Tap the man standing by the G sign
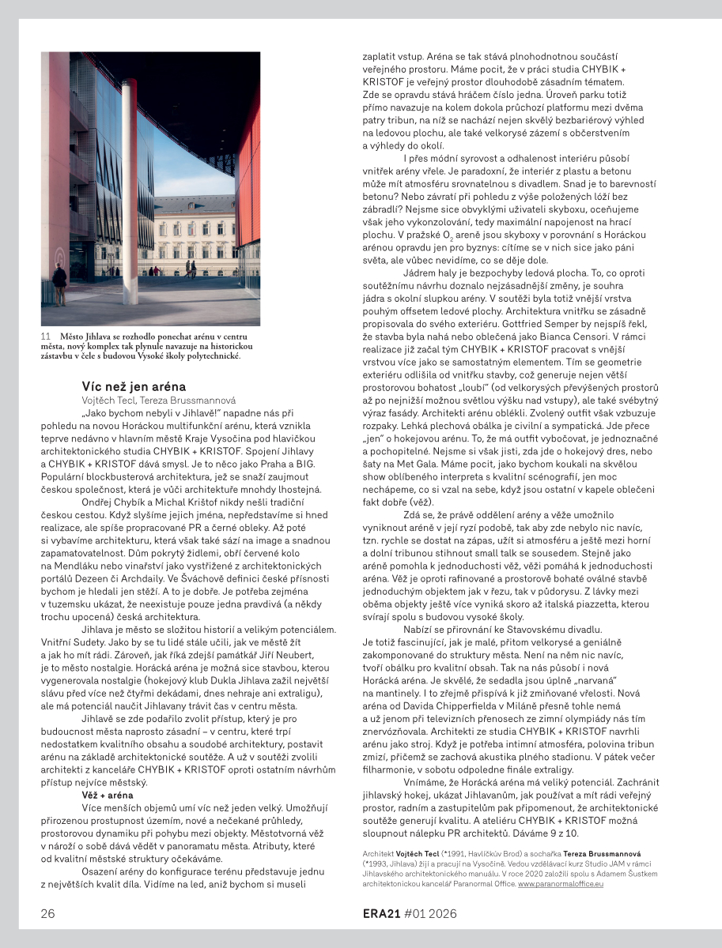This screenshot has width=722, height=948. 59,285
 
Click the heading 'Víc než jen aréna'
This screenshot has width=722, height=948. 134,386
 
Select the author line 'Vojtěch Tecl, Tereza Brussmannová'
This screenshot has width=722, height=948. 158,401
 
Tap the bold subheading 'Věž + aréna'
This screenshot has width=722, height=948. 108,794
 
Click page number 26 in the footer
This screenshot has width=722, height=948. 48,914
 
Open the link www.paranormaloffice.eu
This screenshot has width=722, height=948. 561,885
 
